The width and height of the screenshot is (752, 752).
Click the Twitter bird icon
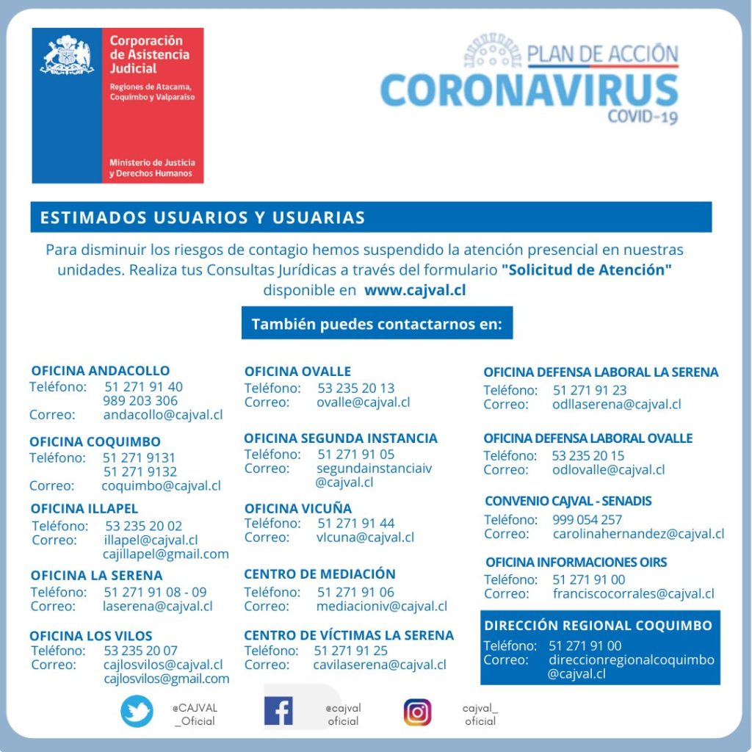[x=137, y=712]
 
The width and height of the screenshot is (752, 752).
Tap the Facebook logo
[x=278, y=711]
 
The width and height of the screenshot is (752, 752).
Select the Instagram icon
[x=417, y=712]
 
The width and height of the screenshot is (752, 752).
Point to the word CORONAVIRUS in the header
[x=529, y=90]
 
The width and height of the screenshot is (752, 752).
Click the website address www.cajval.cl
[x=415, y=289]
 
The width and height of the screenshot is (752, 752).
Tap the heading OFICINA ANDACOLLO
[x=100, y=371]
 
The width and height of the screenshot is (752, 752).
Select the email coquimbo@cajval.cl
[x=161, y=485]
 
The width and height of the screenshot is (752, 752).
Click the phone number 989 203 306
[x=140, y=400]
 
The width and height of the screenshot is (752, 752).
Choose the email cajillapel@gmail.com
[x=165, y=554]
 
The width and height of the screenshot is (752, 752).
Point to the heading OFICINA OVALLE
[x=297, y=372]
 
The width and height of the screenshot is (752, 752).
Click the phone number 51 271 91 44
[x=355, y=523]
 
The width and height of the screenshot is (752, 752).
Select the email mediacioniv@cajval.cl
[x=381, y=606]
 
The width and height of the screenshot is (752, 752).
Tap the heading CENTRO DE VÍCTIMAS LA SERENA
[x=349, y=635]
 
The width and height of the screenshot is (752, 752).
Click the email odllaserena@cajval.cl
[x=616, y=404]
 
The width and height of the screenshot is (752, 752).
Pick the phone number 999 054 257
[x=587, y=520]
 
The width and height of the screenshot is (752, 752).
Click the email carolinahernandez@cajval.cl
[x=638, y=534]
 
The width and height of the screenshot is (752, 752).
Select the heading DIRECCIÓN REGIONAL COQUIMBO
[x=598, y=626]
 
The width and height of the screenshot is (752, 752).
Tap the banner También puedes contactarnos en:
[x=377, y=324]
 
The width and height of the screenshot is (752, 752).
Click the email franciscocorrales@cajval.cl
[x=633, y=593]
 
